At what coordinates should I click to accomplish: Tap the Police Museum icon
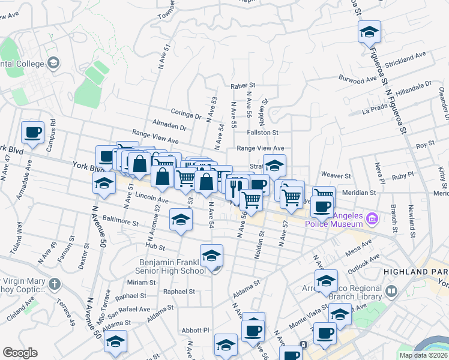[x=372, y=218]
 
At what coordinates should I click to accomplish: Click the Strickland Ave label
[x=406, y=58]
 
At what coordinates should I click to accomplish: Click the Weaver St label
[x=336, y=175]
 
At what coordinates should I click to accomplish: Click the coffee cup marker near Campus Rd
[x=32, y=133]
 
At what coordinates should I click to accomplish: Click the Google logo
[x=20, y=353]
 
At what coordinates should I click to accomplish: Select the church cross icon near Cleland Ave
[x=54, y=283]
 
